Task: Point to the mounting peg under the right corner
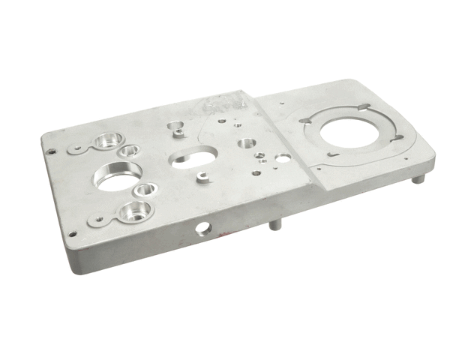[419, 178]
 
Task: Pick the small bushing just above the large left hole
[130, 151]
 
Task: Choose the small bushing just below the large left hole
[145, 189]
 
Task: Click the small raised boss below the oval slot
[202, 178]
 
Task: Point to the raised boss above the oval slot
[177, 129]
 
